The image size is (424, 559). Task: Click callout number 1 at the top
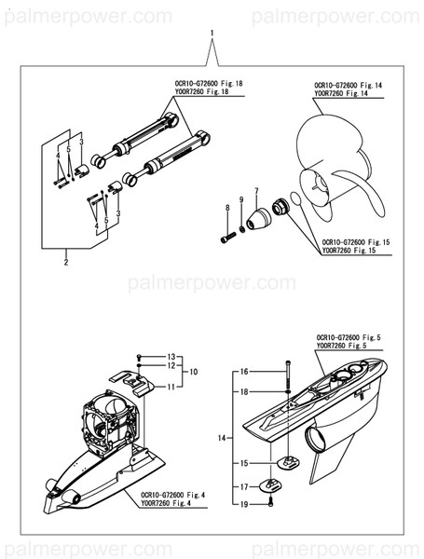pyautogui.click(x=212, y=34)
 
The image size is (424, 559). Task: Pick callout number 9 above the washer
pyautogui.click(x=242, y=200)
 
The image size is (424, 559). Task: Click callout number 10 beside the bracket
pyautogui.click(x=194, y=370)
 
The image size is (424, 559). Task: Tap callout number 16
pyautogui.click(x=244, y=372)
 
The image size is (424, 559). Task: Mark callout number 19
pyautogui.click(x=244, y=504)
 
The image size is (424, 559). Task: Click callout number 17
pyautogui.click(x=244, y=486)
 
